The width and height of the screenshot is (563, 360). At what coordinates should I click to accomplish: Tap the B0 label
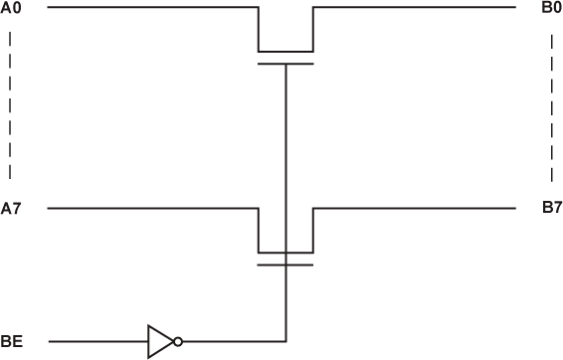pos(552,8)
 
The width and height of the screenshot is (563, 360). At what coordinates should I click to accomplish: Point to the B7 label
pos(552,209)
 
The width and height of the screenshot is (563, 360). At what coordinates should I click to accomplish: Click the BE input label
pos(11,342)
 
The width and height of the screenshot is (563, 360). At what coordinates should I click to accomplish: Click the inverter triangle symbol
pos(159,341)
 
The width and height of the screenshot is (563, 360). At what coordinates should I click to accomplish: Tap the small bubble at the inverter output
pos(177,341)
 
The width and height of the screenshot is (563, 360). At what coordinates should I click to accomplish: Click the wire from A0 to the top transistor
pos(149,8)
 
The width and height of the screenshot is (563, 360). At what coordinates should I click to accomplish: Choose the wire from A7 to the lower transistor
pos(149,209)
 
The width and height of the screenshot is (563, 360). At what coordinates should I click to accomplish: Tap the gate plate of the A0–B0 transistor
pos(285,64)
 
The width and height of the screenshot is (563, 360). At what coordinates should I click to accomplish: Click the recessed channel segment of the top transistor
pos(285,51)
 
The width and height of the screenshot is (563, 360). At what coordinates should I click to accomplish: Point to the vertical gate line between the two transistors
pos(285,149)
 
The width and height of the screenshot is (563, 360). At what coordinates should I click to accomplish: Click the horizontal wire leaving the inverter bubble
pos(234,341)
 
